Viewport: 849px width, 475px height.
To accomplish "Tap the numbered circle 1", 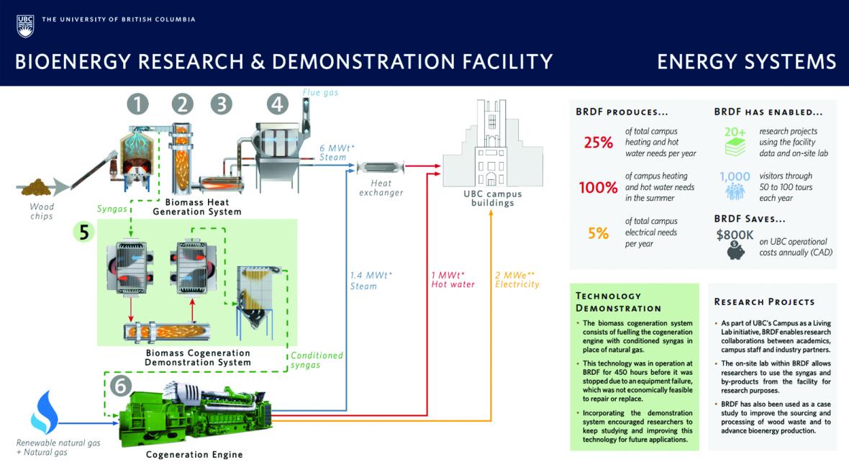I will pos(137,104).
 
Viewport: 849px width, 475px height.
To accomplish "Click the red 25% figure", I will pos(598,142).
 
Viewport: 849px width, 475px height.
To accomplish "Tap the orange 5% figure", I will pos(599,233).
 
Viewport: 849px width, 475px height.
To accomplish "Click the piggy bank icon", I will pos(735,249).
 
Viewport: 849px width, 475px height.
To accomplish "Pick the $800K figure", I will pos(735,234).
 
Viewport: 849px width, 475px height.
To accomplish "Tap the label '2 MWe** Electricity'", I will pos(517,279).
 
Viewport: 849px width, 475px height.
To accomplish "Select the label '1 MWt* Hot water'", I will pos(453,279).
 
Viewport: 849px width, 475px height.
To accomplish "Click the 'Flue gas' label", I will pos(320,92).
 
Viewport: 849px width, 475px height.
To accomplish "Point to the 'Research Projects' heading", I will pos(764,302).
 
